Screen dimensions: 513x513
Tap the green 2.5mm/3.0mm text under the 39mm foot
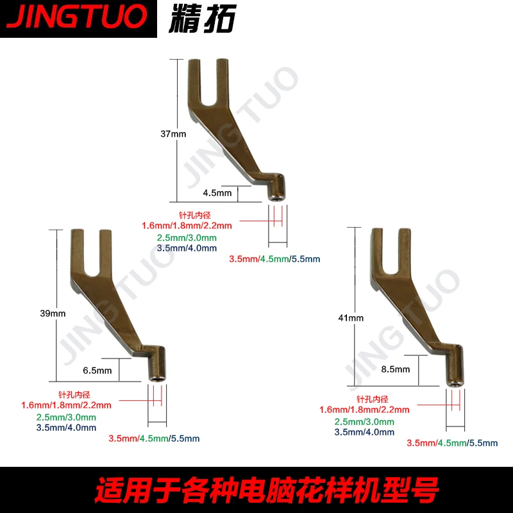(67, 417)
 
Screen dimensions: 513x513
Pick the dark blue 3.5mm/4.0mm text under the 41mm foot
(364, 432)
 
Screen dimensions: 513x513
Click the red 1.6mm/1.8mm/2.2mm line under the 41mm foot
(364, 410)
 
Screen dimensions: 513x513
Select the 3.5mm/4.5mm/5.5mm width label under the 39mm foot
(154, 439)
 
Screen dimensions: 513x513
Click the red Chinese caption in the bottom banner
(256, 491)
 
